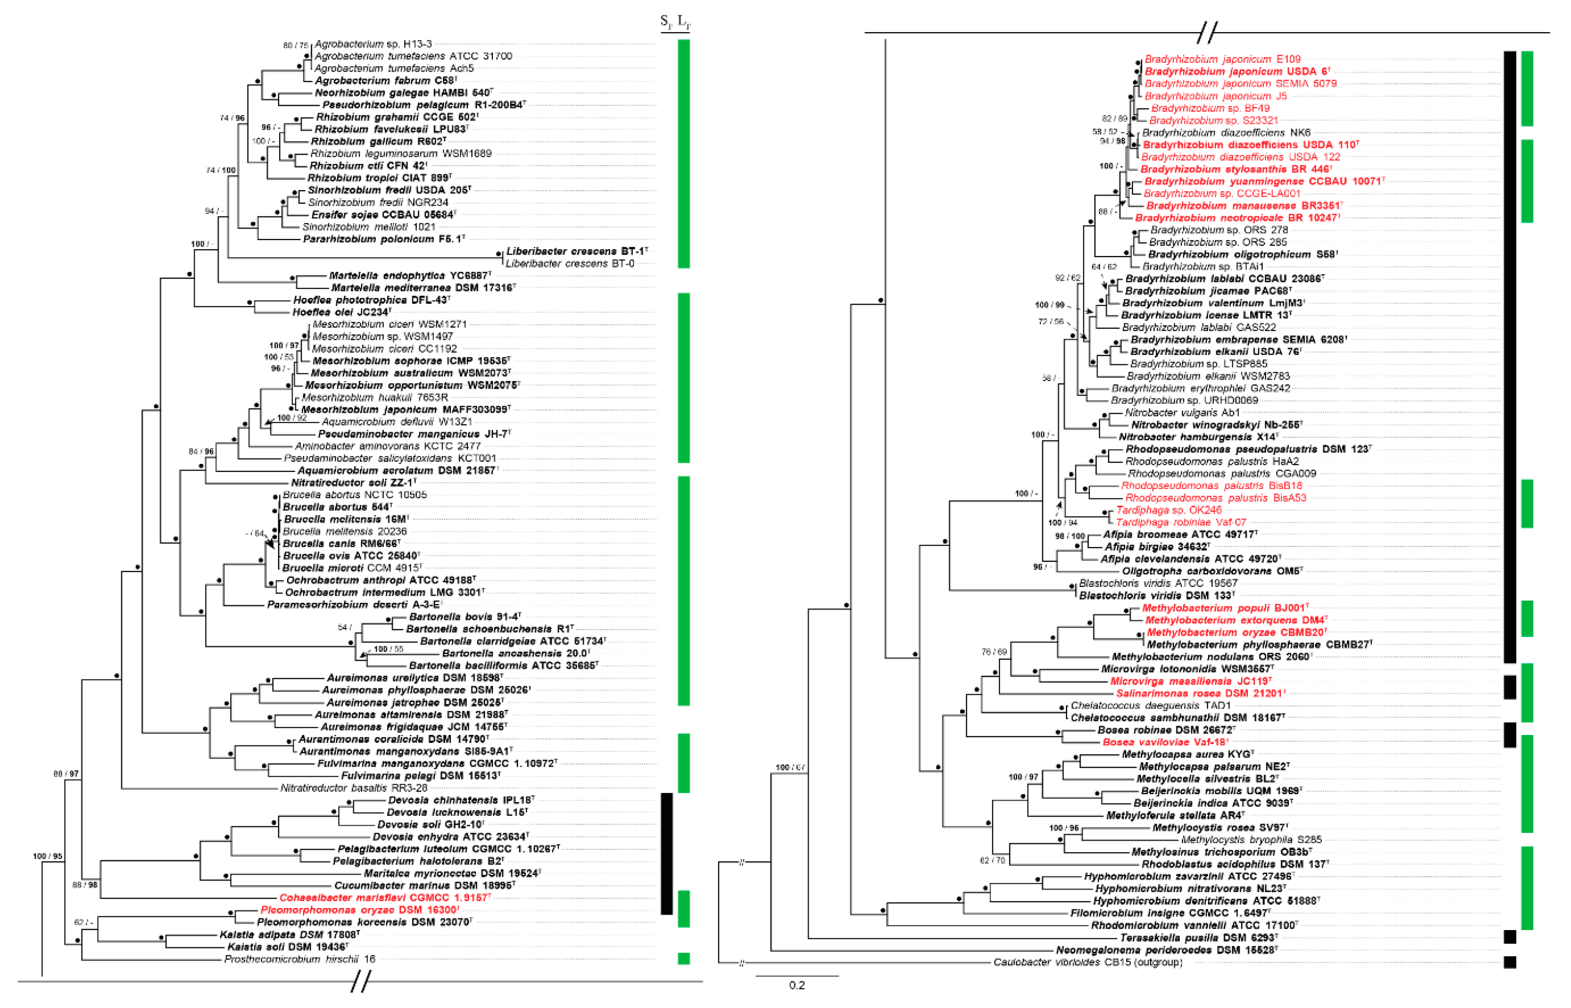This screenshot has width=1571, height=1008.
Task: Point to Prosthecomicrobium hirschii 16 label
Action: click(300, 959)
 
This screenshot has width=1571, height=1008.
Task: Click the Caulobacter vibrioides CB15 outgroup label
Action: click(1088, 962)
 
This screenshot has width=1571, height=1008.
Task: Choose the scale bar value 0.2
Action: click(796, 985)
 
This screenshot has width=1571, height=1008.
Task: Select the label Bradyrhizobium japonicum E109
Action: click(1222, 59)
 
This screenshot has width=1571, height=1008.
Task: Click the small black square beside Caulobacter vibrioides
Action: click(1509, 962)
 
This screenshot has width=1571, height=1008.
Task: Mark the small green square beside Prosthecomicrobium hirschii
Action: click(684, 959)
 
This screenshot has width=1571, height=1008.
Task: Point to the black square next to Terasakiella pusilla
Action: click(1509, 937)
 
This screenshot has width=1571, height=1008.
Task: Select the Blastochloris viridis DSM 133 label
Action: click(1156, 596)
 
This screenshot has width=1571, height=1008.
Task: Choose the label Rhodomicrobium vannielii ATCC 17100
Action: click(1194, 925)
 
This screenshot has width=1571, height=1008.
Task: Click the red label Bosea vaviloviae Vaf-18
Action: click(1165, 742)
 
